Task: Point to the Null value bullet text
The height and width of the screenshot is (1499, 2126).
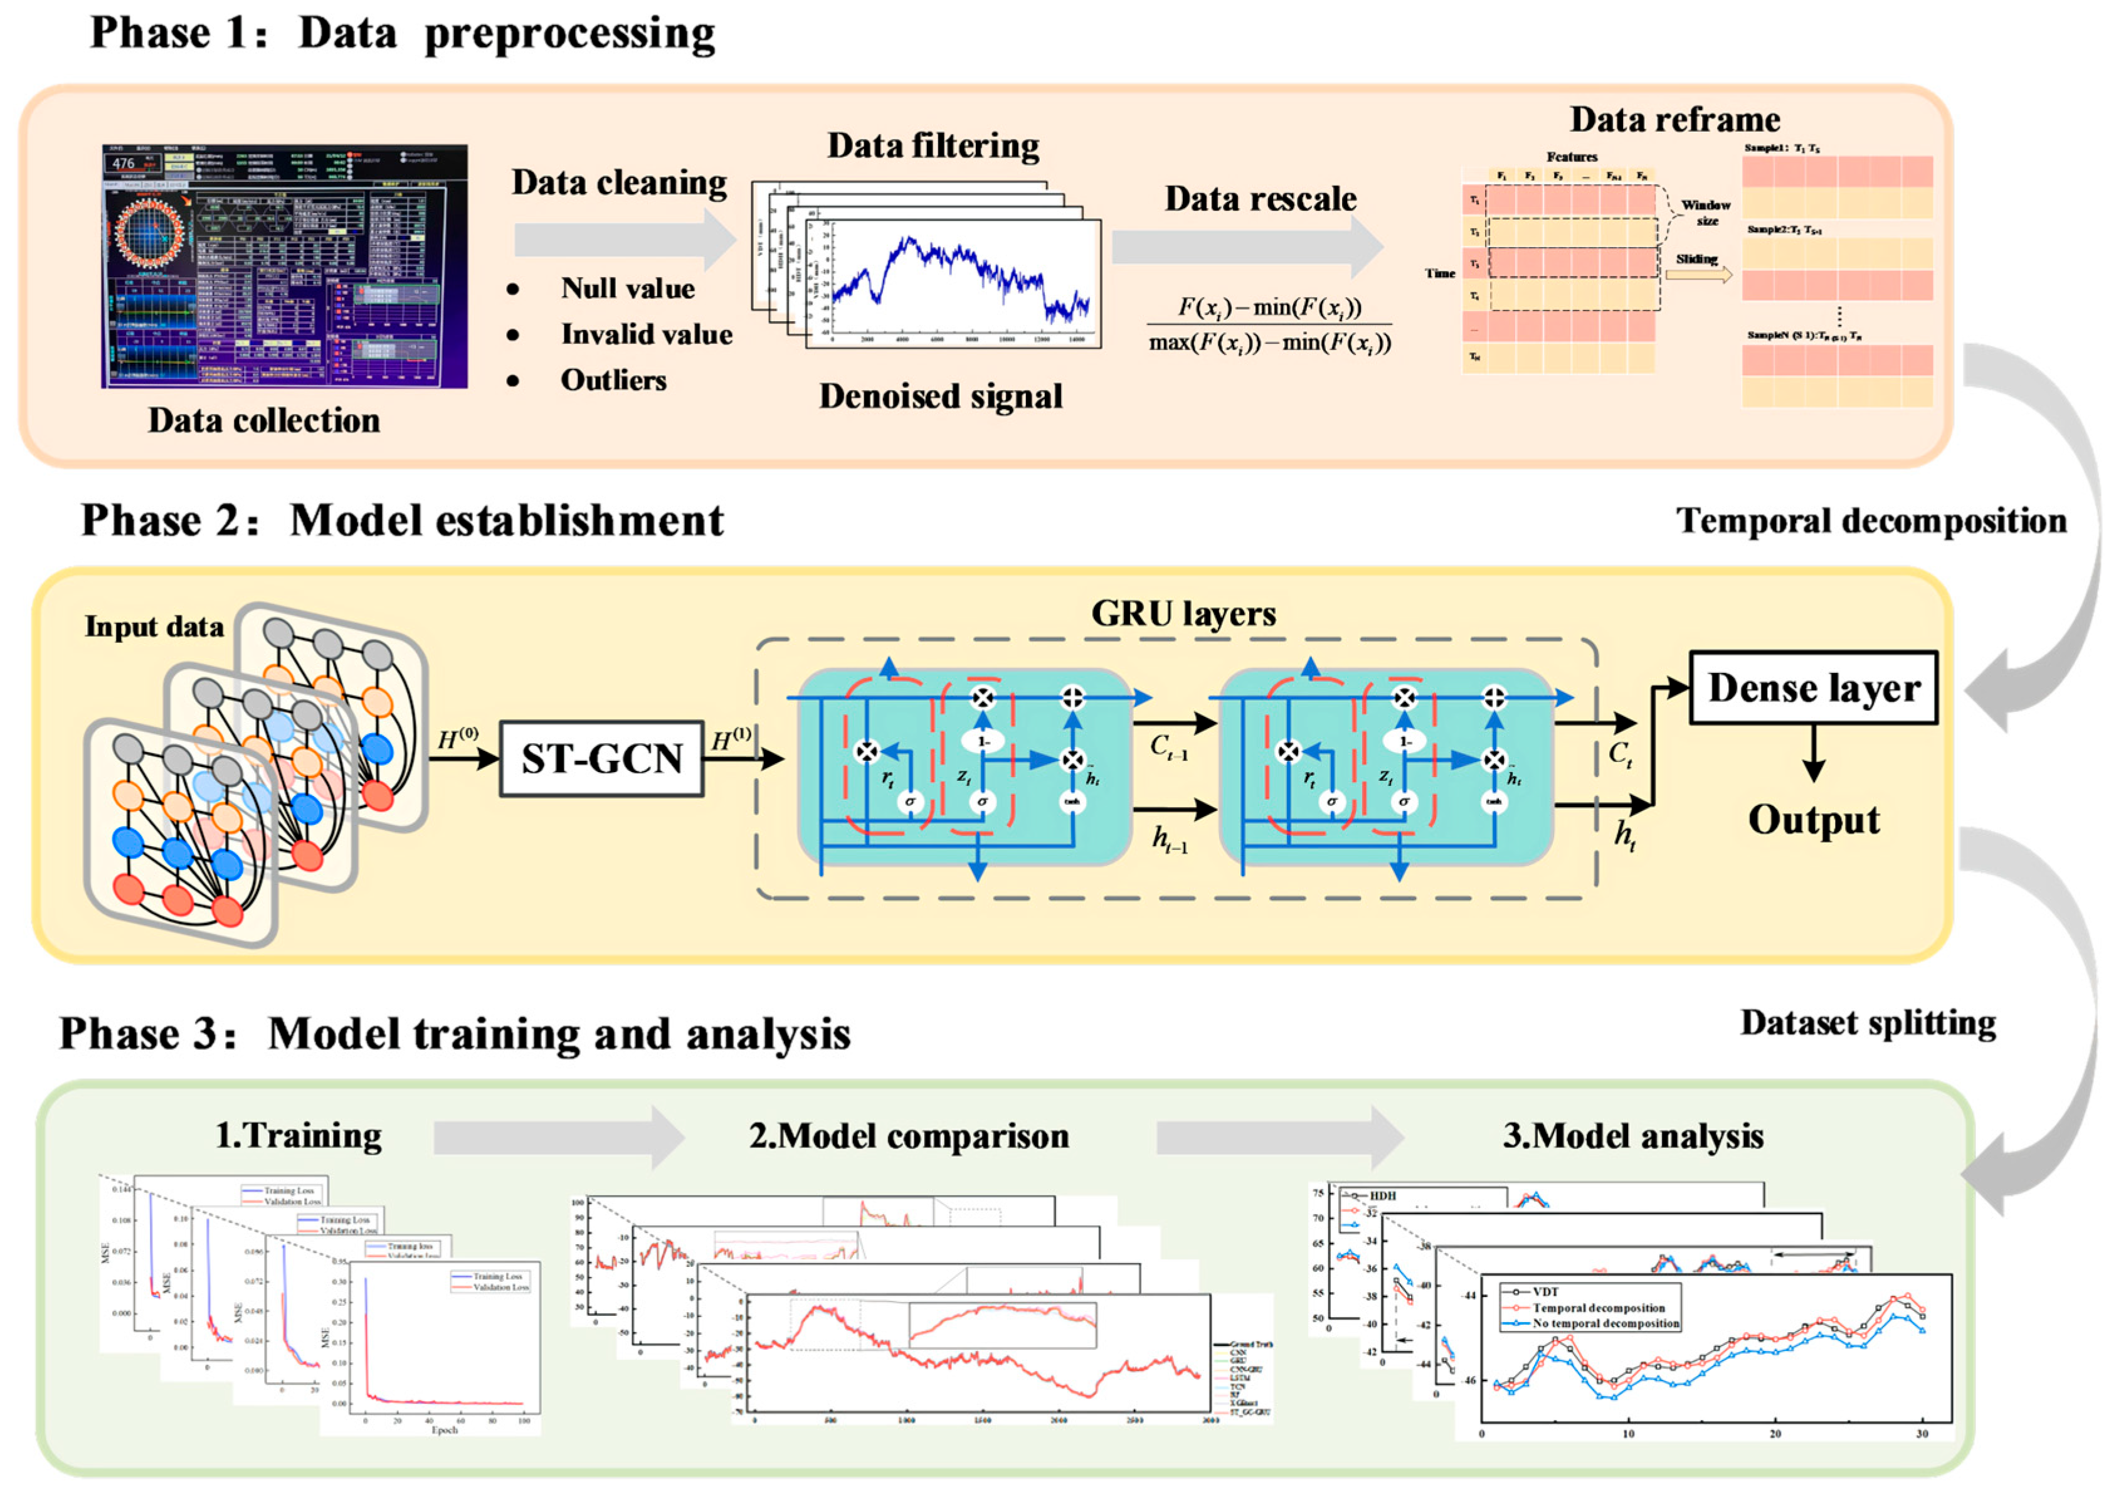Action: pyautogui.click(x=627, y=289)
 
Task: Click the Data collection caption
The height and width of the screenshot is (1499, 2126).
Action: pyautogui.click(x=264, y=420)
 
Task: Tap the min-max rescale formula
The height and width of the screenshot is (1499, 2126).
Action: pyautogui.click(x=1269, y=324)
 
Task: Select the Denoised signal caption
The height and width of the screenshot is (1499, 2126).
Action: pyautogui.click(x=940, y=396)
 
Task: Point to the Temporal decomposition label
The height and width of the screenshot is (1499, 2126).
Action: pyautogui.click(x=1870, y=521)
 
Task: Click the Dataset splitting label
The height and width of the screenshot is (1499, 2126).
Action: pyautogui.click(x=1867, y=1023)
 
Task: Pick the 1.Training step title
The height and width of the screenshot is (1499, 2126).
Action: pyautogui.click(x=298, y=1135)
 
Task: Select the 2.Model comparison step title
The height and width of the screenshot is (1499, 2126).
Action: pyautogui.click(x=908, y=1136)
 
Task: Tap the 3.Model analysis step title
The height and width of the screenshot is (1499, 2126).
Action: pyautogui.click(x=1632, y=1136)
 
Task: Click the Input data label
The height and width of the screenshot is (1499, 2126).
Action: pyautogui.click(x=154, y=627)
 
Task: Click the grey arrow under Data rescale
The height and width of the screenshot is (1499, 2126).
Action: pyautogui.click(x=1246, y=246)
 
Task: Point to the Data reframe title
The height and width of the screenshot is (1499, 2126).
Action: pyautogui.click(x=1674, y=119)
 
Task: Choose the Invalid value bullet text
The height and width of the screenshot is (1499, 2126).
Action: pyautogui.click(x=647, y=334)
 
